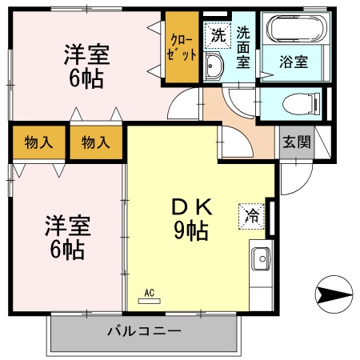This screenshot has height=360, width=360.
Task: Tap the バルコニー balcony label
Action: (x=144, y=330)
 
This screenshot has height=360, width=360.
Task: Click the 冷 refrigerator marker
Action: (x=252, y=214)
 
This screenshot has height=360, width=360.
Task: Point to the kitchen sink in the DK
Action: (x=262, y=259)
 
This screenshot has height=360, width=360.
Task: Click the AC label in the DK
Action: (x=150, y=293)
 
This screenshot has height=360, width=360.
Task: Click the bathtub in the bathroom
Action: (x=296, y=31)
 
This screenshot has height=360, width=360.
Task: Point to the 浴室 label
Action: (x=294, y=62)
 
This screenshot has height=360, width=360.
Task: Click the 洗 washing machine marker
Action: (x=217, y=35)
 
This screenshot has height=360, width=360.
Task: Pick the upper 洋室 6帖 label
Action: (x=86, y=67)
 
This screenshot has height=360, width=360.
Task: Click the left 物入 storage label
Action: (x=38, y=143)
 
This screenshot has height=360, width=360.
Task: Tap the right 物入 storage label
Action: (x=96, y=143)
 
